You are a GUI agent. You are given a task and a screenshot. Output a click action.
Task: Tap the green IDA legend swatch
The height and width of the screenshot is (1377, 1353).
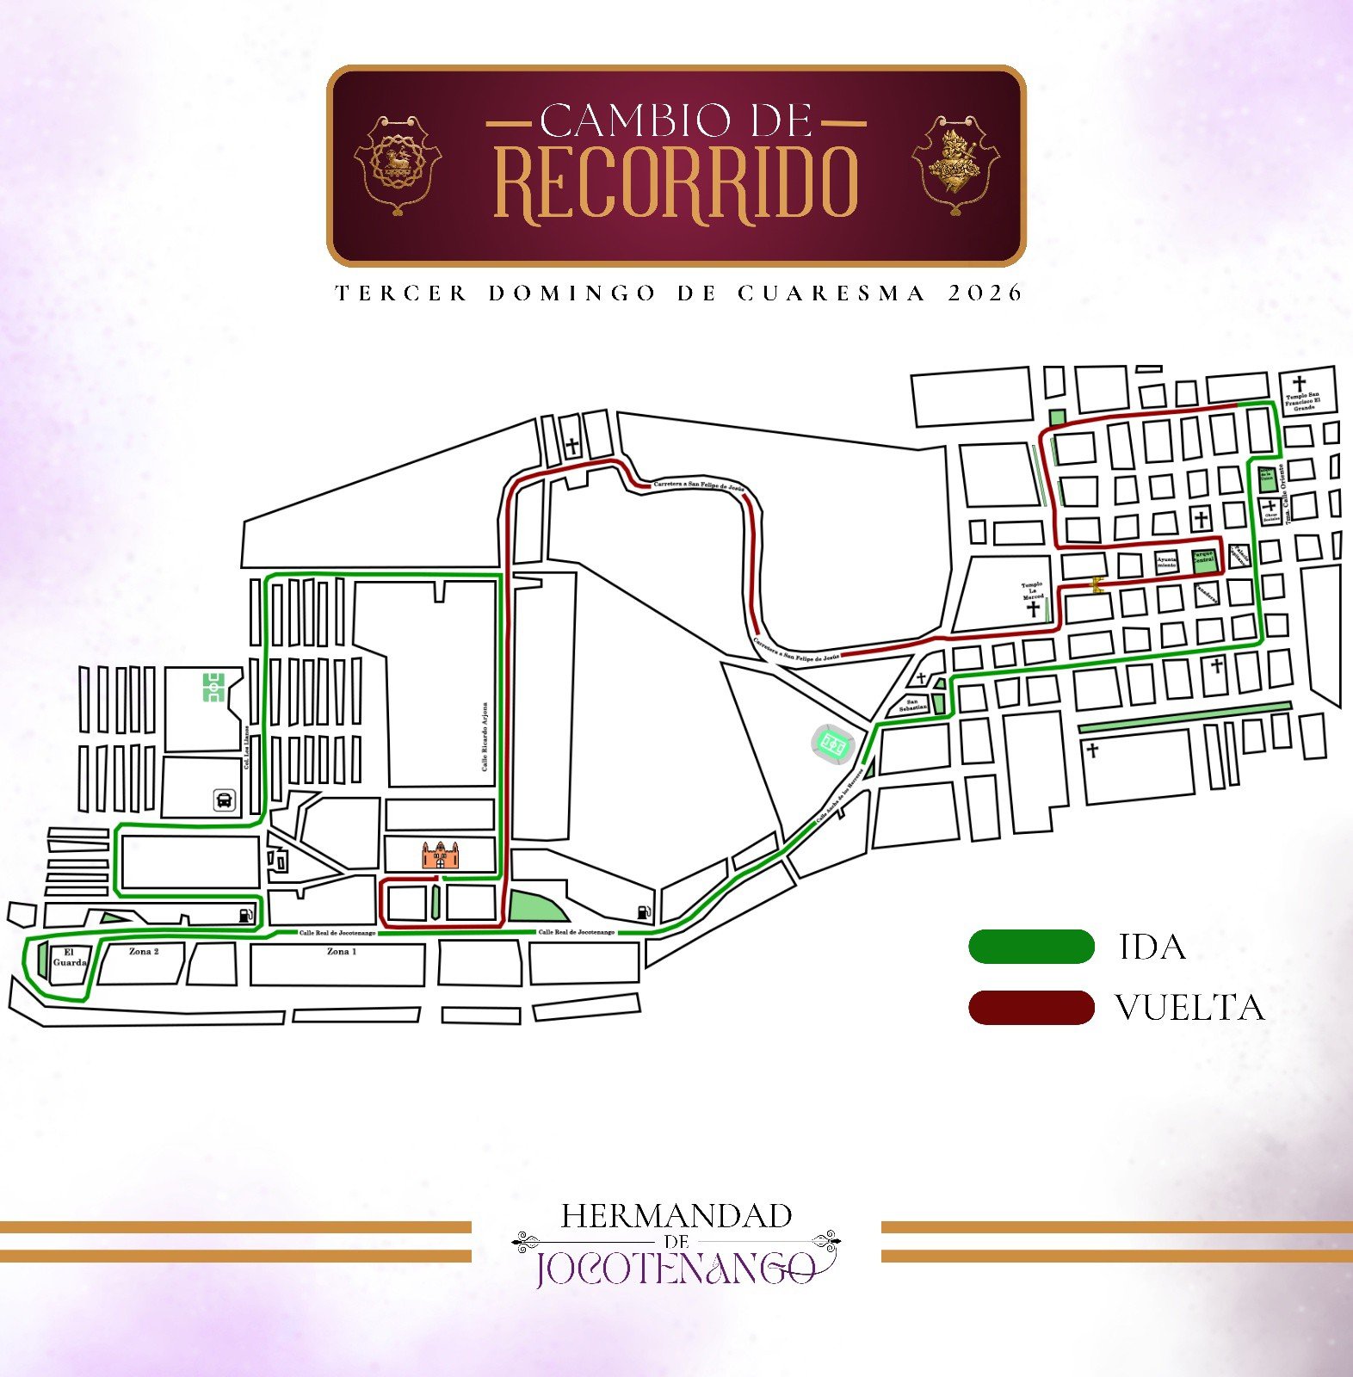(1031, 947)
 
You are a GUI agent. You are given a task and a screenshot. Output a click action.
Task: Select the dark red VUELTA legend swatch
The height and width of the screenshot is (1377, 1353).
(1031, 1008)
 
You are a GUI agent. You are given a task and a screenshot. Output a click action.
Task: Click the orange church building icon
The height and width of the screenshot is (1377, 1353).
(441, 855)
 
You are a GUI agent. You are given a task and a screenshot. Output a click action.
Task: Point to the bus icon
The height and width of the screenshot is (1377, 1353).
(224, 800)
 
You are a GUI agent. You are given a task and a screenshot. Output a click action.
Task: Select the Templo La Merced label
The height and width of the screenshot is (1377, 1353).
(1033, 590)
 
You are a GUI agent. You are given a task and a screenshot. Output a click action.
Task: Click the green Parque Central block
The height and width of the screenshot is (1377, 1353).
(1203, 561)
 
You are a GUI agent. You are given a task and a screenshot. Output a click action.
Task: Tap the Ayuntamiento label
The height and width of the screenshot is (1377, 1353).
(1166, 562)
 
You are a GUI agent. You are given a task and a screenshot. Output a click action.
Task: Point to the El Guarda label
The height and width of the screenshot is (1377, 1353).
(69, 958)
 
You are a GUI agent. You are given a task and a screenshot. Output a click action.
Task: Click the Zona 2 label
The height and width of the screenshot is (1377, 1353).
(144, 952)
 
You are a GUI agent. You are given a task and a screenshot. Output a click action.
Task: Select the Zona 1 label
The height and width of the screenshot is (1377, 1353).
(341, 952)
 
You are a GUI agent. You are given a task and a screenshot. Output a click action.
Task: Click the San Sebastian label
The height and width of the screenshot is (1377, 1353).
(913, 705)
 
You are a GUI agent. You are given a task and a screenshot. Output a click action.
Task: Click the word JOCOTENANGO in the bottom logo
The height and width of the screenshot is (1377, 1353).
(675, 1269)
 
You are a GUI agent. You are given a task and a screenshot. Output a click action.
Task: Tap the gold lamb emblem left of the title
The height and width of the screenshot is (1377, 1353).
(397, 164)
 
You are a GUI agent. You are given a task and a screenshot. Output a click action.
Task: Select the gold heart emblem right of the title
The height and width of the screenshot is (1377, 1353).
(955, 164)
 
